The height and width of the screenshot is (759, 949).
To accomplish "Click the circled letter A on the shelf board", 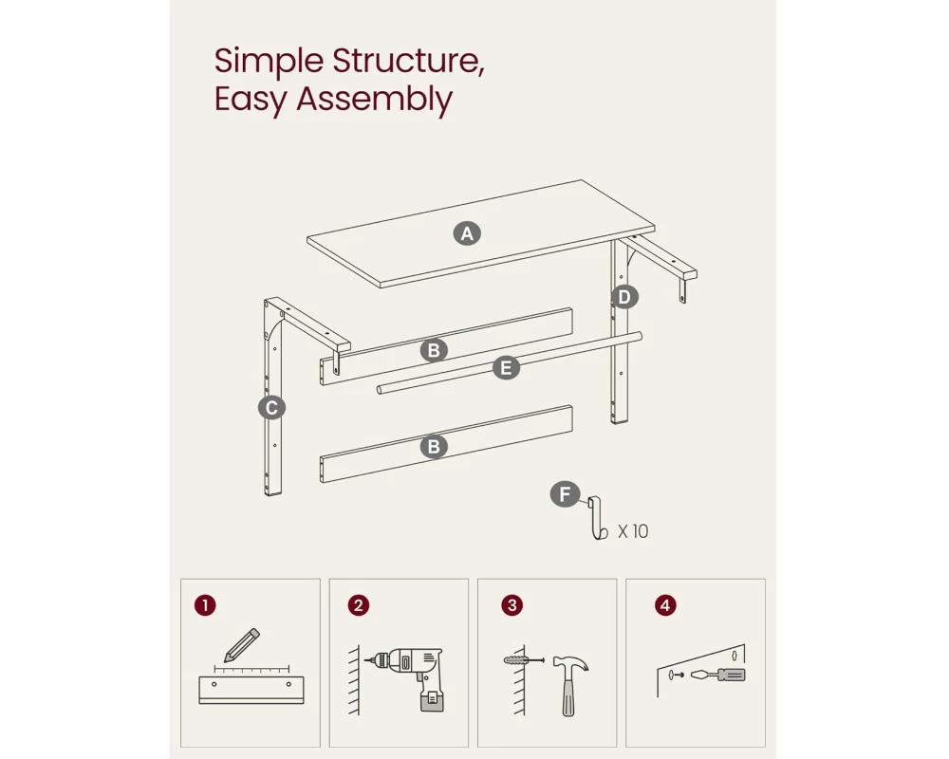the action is point(467,233).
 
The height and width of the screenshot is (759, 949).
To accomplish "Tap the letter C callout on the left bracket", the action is point(271,408).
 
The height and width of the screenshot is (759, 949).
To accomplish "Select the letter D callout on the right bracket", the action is point(624,297).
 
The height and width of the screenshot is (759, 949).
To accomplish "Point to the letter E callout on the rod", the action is point(507,368).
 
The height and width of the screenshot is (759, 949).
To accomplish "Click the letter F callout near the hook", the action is point(565,494).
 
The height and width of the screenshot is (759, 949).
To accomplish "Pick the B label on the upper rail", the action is point(434,350).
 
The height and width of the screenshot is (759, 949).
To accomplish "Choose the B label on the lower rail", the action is point(434,447).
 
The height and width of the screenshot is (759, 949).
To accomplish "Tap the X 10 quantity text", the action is point(633,531).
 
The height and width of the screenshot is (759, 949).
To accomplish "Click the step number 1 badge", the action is point(205,605).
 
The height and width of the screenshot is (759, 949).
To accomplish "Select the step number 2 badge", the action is point(359,605).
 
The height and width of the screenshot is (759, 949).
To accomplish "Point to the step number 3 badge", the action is point(512,605).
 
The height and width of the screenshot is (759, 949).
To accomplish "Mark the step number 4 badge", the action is point(665,605).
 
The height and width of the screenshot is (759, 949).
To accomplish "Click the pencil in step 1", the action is point(242,645).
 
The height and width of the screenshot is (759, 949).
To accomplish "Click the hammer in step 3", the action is point(569,683).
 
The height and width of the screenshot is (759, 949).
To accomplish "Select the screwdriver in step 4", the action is point(717,675).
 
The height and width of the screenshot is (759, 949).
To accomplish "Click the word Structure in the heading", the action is point(408,61).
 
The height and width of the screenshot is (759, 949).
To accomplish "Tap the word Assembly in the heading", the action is point(375,100).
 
